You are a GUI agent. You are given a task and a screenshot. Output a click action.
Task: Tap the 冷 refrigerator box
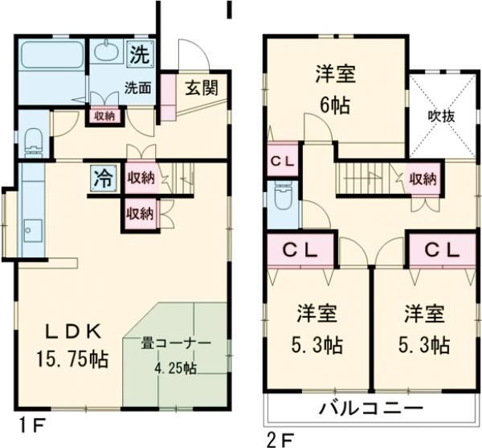103,175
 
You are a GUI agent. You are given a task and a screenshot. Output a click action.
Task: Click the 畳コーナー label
176,343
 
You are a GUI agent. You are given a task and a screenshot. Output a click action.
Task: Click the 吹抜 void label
440,116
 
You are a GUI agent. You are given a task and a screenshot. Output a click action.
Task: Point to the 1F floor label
31,422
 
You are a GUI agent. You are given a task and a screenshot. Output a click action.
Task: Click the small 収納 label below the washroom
104,116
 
